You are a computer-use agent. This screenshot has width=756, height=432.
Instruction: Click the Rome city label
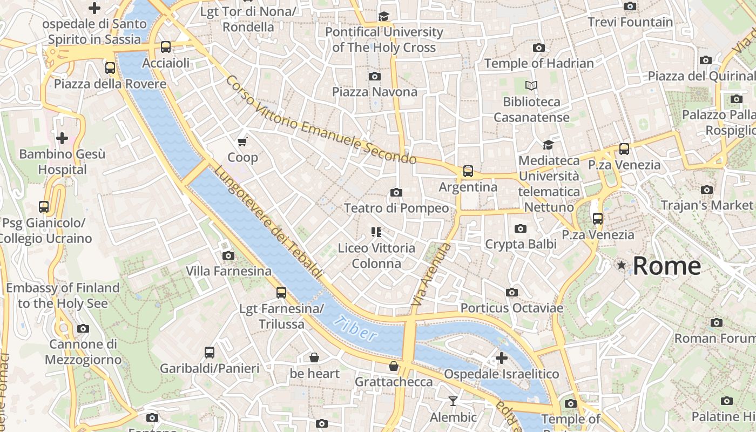click(666, 266)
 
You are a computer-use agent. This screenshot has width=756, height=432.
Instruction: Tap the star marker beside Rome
click(622, 265)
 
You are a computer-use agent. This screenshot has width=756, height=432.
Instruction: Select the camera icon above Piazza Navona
click(374, 76)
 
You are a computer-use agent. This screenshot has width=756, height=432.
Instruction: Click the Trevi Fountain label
click(630, 22)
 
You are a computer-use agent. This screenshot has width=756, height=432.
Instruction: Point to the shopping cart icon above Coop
click(242, 141)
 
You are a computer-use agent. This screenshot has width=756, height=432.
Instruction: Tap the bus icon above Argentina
click(468, 171)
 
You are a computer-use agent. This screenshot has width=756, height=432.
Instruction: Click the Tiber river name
click(355, 328)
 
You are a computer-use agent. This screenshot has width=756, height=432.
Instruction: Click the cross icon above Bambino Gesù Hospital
click(62, 138)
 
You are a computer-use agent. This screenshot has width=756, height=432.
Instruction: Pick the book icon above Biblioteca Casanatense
click(531, 85)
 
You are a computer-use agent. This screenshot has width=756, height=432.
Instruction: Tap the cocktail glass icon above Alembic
click(453, 401)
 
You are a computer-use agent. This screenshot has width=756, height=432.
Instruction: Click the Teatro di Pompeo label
click(396, 208)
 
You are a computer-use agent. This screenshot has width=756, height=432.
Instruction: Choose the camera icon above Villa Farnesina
click(228, 255)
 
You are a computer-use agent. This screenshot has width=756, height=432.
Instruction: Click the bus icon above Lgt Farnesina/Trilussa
click(281, 293)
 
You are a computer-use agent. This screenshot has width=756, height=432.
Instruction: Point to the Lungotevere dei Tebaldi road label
click(268, 222)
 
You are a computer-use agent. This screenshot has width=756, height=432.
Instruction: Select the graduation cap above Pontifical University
click(383, 16)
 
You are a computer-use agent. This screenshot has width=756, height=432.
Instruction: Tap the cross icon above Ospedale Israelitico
click(501, 357)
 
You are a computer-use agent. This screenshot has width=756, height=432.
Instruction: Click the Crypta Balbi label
click(521, 244)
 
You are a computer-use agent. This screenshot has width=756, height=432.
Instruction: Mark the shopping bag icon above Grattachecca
click(394, 366)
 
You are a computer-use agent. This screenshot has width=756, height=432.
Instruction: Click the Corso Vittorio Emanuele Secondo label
click(321, 120)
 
